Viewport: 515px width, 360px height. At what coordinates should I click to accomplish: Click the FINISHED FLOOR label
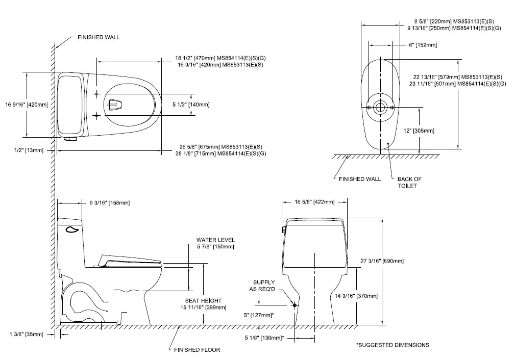pos(197,350)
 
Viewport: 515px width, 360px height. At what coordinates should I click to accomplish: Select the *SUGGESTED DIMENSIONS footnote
pos(393,345)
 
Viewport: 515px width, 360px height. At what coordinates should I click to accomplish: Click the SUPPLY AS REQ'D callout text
pos(264,286)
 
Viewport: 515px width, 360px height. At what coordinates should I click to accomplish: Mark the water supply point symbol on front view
pos(295,304)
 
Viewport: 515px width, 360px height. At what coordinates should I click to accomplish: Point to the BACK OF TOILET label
pos(409,183)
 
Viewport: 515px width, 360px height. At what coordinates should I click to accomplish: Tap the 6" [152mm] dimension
pos(423,45)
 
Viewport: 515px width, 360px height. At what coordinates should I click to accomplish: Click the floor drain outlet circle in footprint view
pos(379,108)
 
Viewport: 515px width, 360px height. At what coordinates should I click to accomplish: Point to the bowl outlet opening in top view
pos(116,105)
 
